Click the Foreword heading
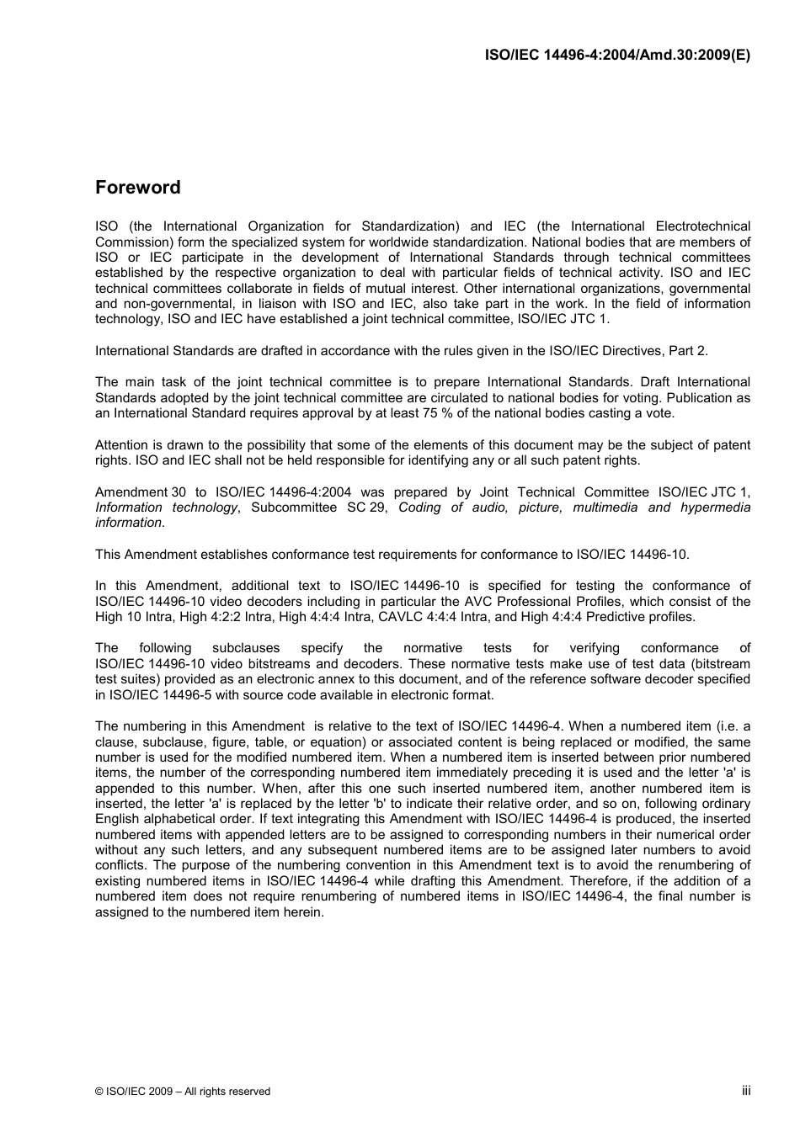[137, 188]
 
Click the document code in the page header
[617, 55]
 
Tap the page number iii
[745, 1090]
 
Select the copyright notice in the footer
[183, 1092]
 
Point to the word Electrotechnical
[702, 226]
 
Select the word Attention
[121, 445]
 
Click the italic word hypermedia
[715, 508]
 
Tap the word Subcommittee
[295, 508]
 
